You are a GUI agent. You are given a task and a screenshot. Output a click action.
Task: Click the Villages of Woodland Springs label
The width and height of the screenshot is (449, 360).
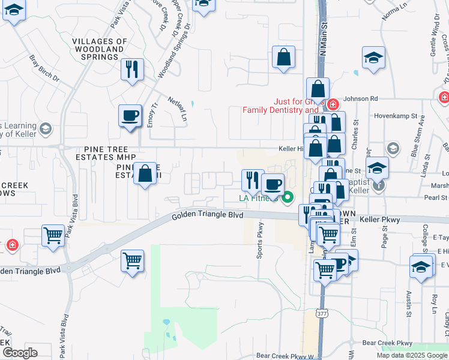tap(100, 49)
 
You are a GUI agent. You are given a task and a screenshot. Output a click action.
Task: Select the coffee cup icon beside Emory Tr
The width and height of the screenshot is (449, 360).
tap(130, 115)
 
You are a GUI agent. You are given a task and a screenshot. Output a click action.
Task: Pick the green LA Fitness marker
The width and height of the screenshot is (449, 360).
tap(288, 196)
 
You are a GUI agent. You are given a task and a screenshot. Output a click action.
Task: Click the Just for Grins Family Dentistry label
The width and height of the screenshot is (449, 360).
tap(281, 106)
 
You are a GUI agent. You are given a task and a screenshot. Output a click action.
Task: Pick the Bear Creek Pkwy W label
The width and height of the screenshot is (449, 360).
tap(285, 356)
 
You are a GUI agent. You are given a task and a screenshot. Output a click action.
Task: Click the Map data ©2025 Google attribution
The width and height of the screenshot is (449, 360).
tap(412, 355)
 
